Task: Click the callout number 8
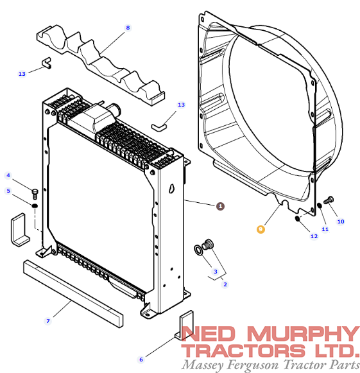tap(128, 28)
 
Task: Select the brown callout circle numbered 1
tap(220, 206)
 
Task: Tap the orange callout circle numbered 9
tap(261, 229)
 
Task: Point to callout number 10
tap(341, 221)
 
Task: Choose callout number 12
tap(314, 236)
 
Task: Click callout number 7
tap(48, 321)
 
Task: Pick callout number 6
tap(141, 360)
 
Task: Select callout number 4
tap(8, 175)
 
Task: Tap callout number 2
tap(225, 284)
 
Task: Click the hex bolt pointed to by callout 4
tap(35, 194)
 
